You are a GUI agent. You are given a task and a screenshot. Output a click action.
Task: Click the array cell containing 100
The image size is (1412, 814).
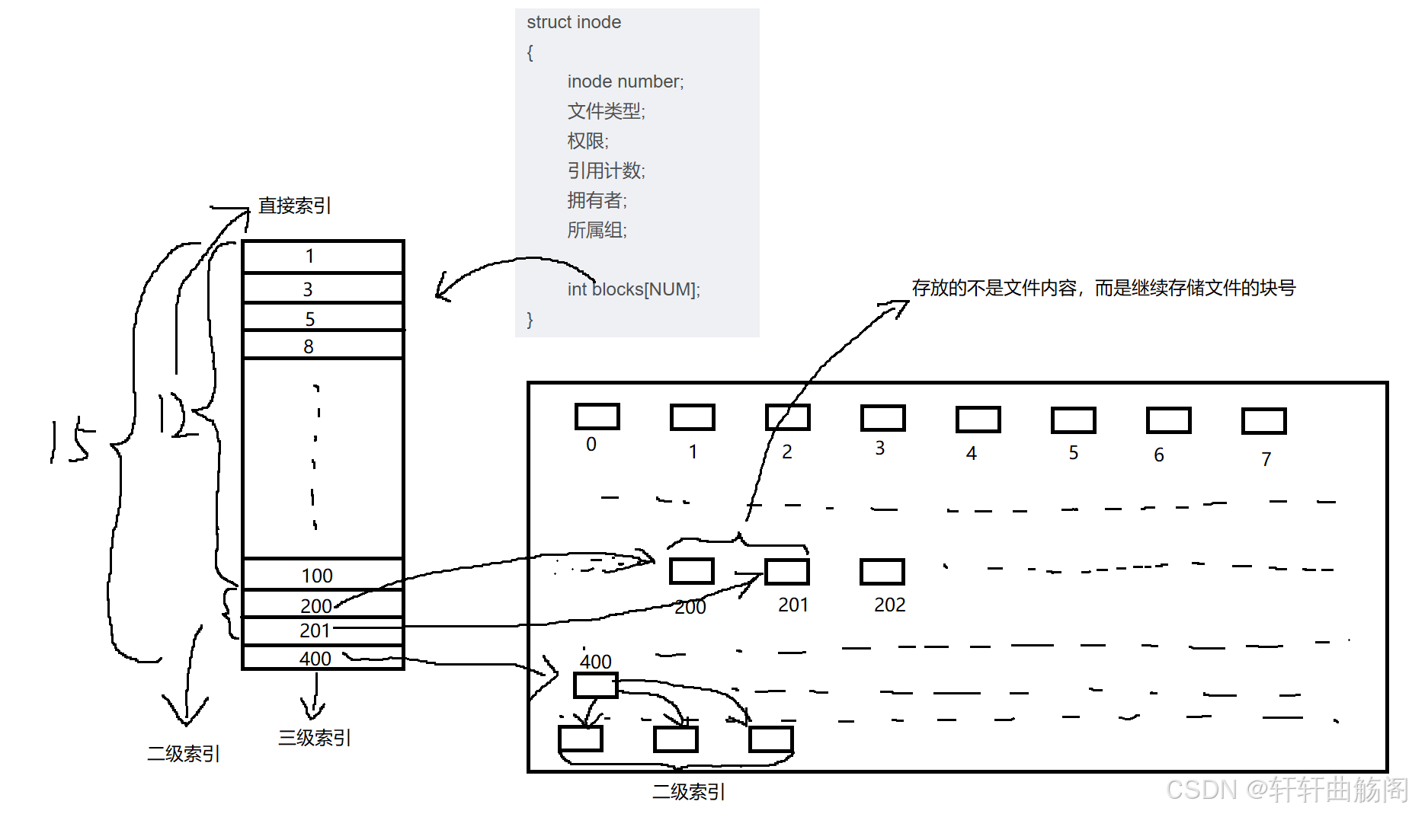[322, 575]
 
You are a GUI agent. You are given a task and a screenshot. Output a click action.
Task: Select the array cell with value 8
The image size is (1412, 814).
[322, 346]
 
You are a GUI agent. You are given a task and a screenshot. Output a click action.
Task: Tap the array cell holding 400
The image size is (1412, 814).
[322, 658]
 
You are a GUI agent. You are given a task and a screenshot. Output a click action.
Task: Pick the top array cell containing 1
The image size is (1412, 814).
[322, 257]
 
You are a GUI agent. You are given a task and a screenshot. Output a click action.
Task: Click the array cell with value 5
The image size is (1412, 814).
[322, 318]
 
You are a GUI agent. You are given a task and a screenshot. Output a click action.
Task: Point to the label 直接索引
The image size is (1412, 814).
[294, 206]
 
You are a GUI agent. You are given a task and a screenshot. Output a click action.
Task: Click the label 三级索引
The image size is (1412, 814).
[314, 737]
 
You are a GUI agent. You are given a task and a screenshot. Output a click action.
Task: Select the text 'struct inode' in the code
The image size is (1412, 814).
[574, 22]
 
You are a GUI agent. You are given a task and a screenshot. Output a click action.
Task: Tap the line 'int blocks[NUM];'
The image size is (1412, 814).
[633, 289]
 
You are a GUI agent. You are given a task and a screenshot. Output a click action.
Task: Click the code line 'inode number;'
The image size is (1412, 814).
[626, 81]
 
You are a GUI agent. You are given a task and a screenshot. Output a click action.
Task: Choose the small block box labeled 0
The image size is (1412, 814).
[597, 417]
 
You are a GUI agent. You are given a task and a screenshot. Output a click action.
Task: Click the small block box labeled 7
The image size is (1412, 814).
[1263, 420]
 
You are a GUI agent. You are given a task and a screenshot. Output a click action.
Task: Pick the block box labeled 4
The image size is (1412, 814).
[978, 420]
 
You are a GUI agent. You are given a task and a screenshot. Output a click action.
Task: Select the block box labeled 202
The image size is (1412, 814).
[882, 572]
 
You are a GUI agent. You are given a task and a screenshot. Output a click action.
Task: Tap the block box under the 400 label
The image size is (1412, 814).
[595, 685]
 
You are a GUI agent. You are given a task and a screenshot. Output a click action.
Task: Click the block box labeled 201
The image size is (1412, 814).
[786, 572]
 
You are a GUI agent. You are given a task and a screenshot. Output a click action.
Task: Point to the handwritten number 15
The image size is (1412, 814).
[71, 441]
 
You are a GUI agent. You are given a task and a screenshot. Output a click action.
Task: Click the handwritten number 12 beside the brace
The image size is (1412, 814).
[173, 415]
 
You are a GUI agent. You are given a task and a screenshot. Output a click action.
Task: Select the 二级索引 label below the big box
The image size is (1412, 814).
[688, 792]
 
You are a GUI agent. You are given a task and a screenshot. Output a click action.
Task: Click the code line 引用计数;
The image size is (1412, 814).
[606, 171]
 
